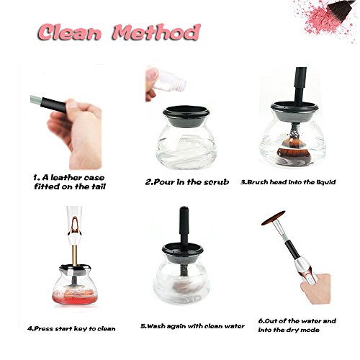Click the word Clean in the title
(x=70, y=32)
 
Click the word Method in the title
(x=156, y=32)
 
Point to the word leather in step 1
(x=63, y=178)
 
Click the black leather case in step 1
(x=53, y=104)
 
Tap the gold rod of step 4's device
(x=75, y=255)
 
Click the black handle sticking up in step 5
(x=184, y=225)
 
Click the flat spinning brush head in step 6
(x=274, y=217)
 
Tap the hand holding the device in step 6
(x=315, y=288)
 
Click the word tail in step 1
(x=99, y=186)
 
